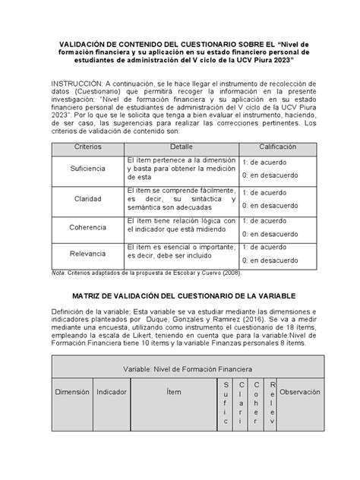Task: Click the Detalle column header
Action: pos(181,145)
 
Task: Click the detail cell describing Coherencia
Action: pos(181,227)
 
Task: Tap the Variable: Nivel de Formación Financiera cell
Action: pos(180,369)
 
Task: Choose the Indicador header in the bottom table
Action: pos(111,393)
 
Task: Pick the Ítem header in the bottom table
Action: pos(174,393)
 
